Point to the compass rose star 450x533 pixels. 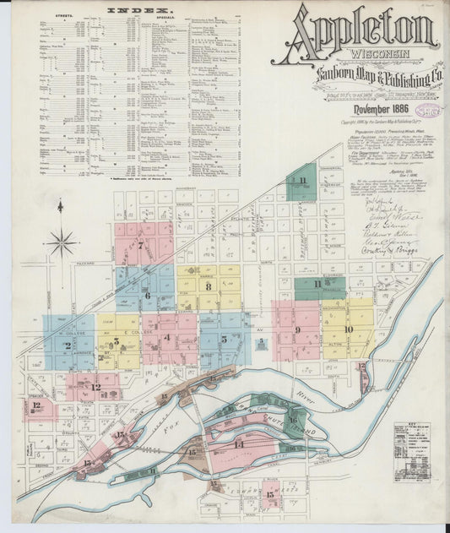click(61, 243)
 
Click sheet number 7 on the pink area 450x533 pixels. click(140, 246)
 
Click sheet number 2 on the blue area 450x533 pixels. click(68, 345)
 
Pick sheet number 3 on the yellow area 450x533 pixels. click(116, 342)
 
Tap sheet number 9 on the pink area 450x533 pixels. click(297, 329)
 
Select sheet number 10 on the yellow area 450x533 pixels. click(348, 329)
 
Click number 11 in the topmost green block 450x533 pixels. click(301, 181)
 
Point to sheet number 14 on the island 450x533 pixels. click(239, 443)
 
